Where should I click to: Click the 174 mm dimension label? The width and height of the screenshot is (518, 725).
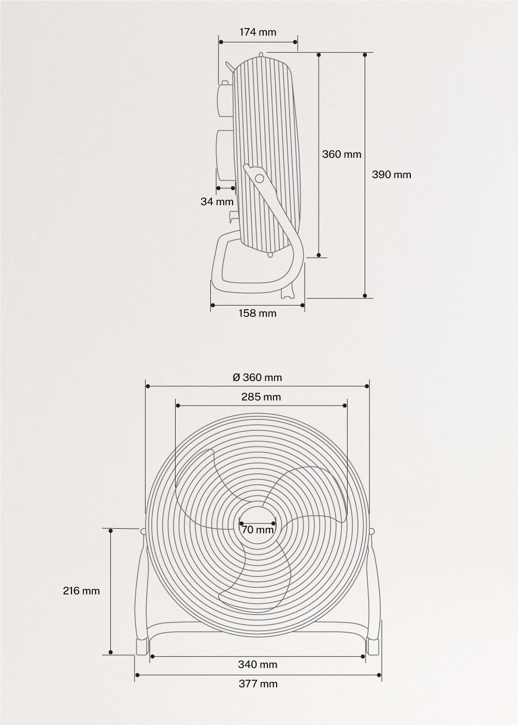[257, 32]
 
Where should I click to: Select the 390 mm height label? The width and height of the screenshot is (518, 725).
[391, 175]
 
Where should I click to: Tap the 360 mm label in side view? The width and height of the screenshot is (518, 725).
[341, 154]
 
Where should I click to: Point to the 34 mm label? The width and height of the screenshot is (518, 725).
[217, 201]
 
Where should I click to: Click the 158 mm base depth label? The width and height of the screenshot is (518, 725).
[257, 313]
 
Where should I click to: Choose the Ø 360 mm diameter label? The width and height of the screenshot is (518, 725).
[257, 378]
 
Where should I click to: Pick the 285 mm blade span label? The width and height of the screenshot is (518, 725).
[261, 397]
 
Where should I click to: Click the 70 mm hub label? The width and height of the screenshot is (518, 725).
[257, 530]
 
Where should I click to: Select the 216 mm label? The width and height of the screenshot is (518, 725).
[81, 590]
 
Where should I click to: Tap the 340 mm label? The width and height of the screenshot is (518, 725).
[257, 664]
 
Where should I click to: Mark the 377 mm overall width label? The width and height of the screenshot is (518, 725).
[257, 684]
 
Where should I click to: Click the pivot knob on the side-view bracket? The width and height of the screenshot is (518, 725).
[259, 178]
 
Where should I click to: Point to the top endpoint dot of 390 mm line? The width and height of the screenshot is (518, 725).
[366, 54]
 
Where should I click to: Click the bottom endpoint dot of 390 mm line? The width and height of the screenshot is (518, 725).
[366, 297]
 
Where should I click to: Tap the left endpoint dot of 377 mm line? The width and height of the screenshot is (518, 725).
[136, 675]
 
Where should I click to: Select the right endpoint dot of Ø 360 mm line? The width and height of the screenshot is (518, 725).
[367, 386]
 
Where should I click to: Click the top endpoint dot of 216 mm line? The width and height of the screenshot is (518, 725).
[110, 530]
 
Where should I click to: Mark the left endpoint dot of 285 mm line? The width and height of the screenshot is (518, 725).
[176, 406]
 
